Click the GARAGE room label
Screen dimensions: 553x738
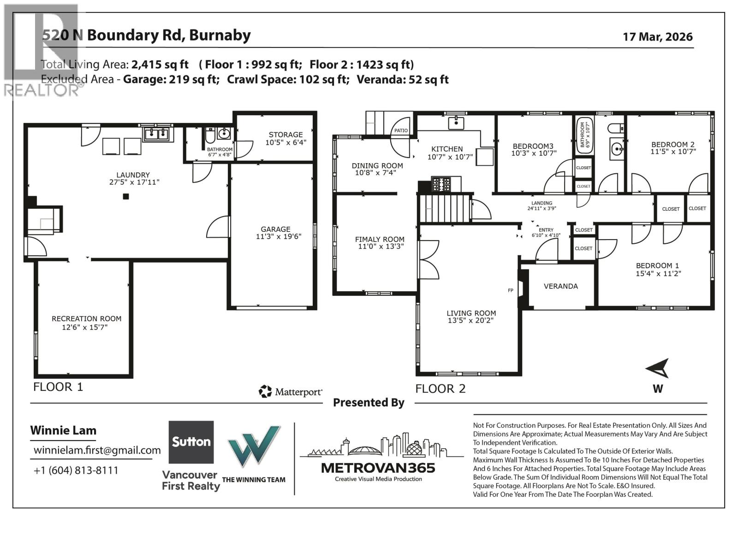point(275,229)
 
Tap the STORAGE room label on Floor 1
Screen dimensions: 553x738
point(286,135)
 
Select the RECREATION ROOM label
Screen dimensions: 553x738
point(86,318)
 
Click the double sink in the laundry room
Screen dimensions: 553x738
point(157,134)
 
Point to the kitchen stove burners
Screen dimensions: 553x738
point(441,184)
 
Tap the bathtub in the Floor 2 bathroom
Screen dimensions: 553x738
point(583,134)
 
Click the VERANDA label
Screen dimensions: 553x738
point(560,286)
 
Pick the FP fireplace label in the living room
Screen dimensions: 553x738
point(511,290)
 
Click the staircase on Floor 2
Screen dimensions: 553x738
point(443,208)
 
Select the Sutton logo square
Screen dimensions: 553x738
point(191,442)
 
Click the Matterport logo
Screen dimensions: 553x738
point(291,392)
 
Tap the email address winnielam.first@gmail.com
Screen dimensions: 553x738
point(97,450)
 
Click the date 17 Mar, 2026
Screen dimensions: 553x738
point(657,37)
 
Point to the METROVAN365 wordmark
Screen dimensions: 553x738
point(378,468)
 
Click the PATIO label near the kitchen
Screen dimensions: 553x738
point(401,130)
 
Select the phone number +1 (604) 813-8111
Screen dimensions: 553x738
point(76,470)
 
